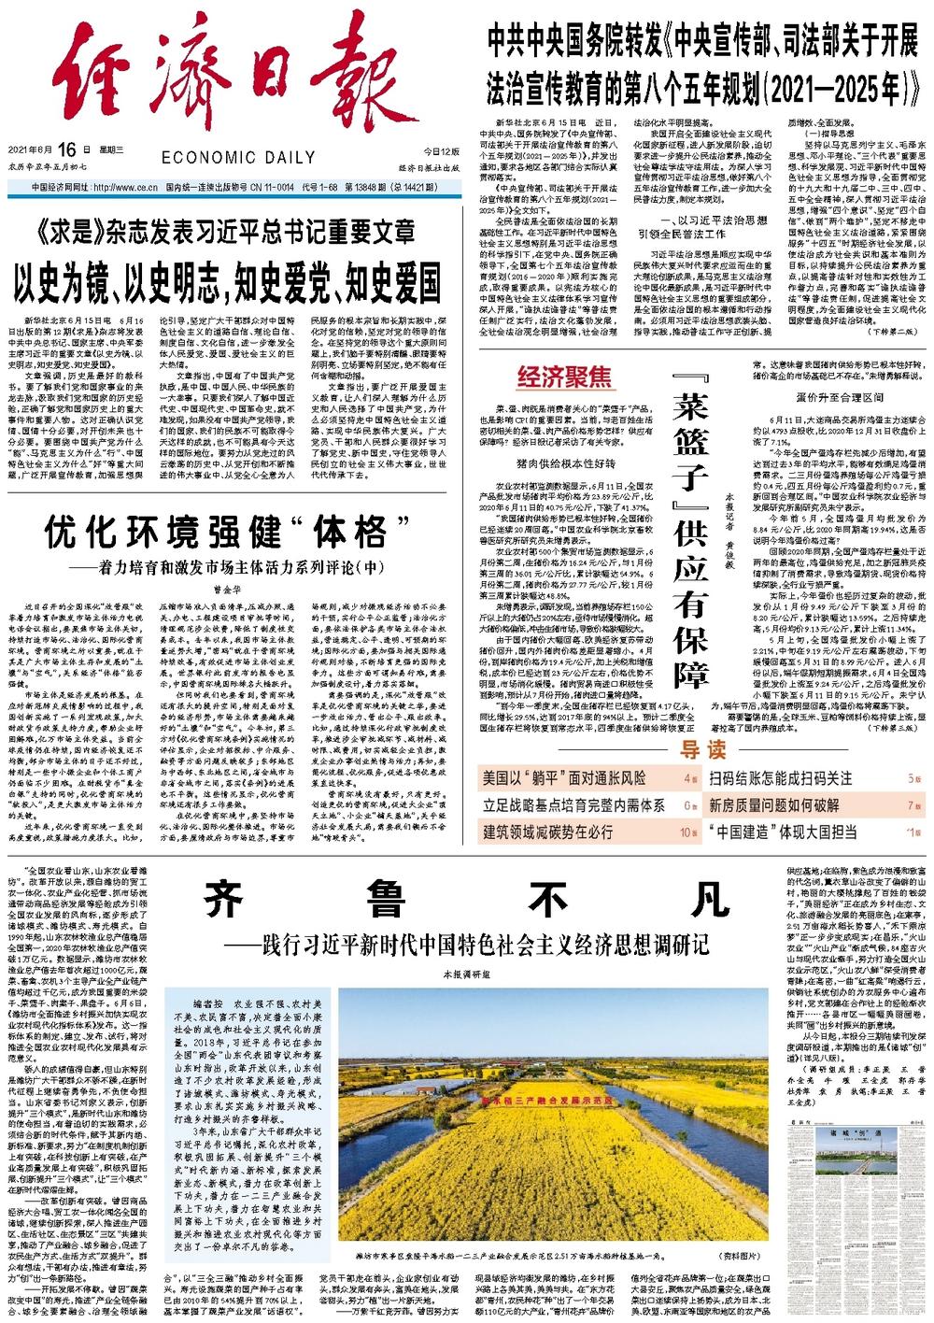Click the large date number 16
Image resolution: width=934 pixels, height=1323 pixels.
coord(64,149)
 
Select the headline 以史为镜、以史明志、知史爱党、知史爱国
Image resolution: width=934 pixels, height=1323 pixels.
coord(227,277)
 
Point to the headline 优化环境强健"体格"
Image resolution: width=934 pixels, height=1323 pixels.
coord(216,533)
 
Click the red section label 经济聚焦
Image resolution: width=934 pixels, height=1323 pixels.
coord(564,377)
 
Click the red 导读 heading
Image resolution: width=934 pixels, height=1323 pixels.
coord(702,748)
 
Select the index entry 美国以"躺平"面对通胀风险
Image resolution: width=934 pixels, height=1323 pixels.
coord(564,777)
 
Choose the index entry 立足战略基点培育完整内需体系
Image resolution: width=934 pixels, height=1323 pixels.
coord(574,804)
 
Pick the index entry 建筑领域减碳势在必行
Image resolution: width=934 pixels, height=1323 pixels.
coord(548,831)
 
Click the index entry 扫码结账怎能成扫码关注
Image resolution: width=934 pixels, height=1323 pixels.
coord(781,777)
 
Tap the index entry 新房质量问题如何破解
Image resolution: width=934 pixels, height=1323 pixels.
coord(774,804)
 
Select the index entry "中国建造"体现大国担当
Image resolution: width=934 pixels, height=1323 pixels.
coord(783,831)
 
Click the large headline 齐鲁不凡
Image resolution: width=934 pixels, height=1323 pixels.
coord(467,900)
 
